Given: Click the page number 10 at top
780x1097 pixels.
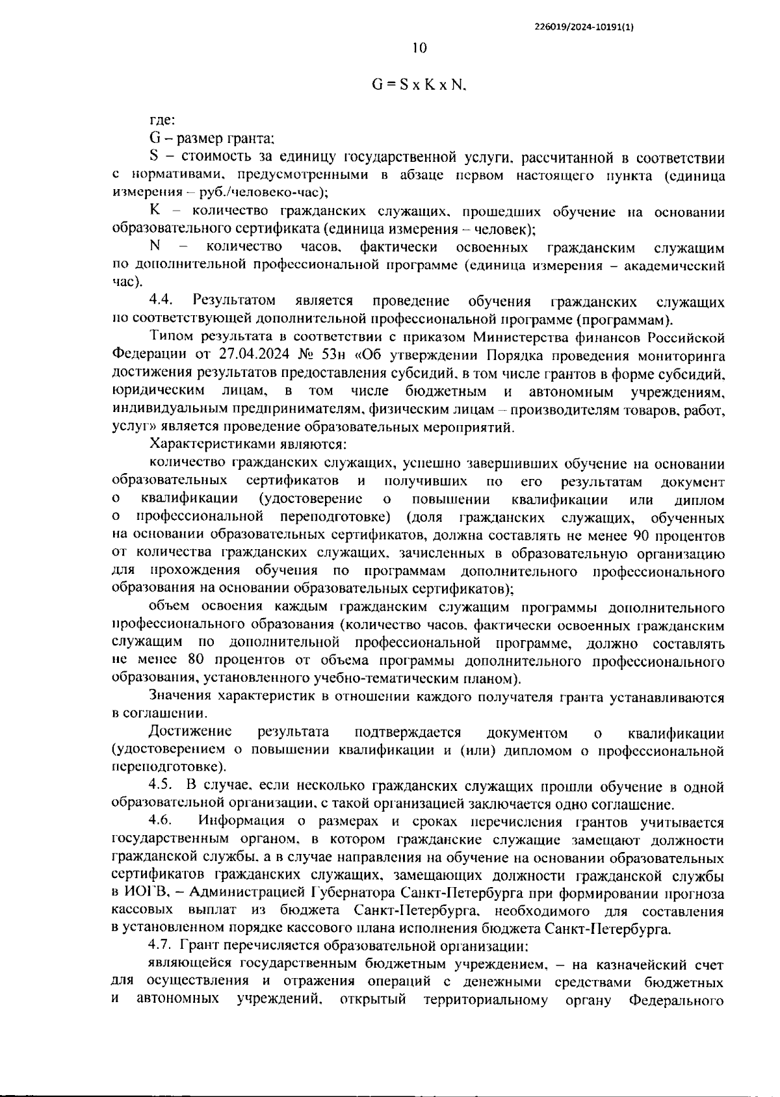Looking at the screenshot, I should [x=419, y=47].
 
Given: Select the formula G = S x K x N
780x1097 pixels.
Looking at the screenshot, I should [x=419, y=84].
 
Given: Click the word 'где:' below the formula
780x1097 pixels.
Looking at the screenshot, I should [x=162, y=120].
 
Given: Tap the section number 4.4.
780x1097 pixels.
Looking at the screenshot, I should [x=161, y=301].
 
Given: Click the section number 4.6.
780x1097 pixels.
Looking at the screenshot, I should [x=159, y=822].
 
